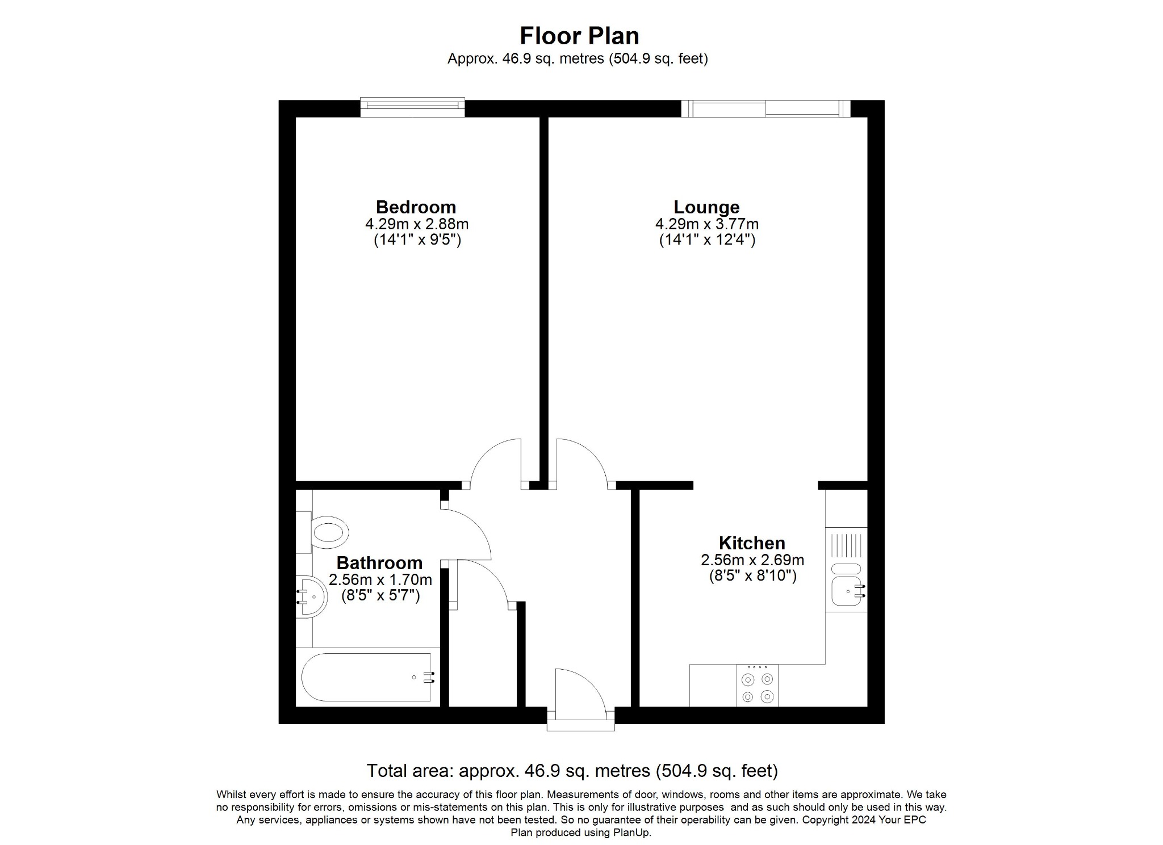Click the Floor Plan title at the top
pos(579,36)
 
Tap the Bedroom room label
pos(416,207)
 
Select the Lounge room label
pos(706,207)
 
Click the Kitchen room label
pos(752,543)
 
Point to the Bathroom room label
pos(379,563)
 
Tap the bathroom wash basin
pos(312,597)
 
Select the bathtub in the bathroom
pos(366,677)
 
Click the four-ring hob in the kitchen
pos(758,687)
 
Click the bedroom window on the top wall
pos(412,107)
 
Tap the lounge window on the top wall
pos(765,108)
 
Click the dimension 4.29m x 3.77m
pos(706,224)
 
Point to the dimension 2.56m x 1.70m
pos(380,580)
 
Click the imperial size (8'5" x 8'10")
pos(752,576)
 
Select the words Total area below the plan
pos(409,771)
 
